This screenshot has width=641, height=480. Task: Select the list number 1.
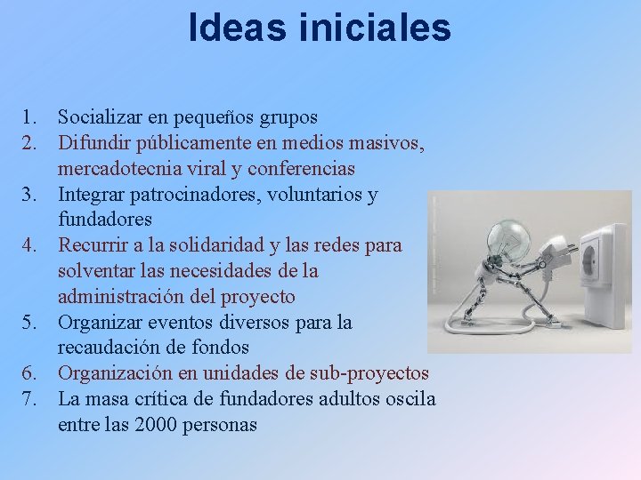pyautogui.click(x=30, y=116)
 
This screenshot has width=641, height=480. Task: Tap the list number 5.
pyautogui.click(x=30, y=322)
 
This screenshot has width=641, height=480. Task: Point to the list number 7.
pyautogui.click(x=30, y=399)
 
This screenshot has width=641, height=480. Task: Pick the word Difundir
pyautogui.click(x=93, y=142)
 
